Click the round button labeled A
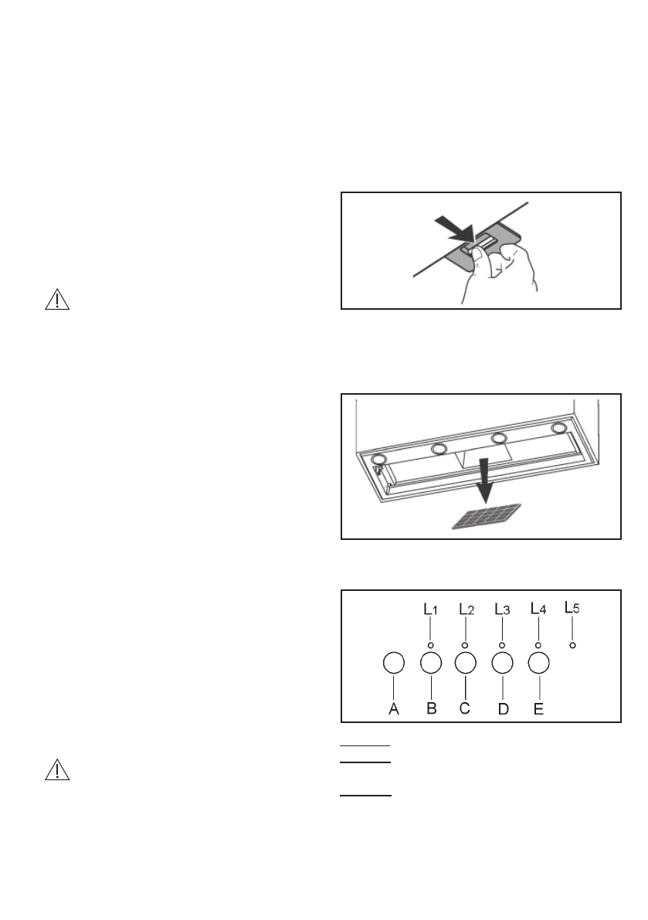394,663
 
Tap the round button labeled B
431,663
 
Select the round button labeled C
465,663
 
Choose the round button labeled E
538,663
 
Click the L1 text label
430,609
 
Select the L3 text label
502,609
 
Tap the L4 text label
538,609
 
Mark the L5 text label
572,607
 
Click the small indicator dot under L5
572,644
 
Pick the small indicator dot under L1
430,644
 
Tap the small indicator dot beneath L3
502,644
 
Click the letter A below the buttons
393,708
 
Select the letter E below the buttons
538,708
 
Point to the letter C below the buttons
465,708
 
